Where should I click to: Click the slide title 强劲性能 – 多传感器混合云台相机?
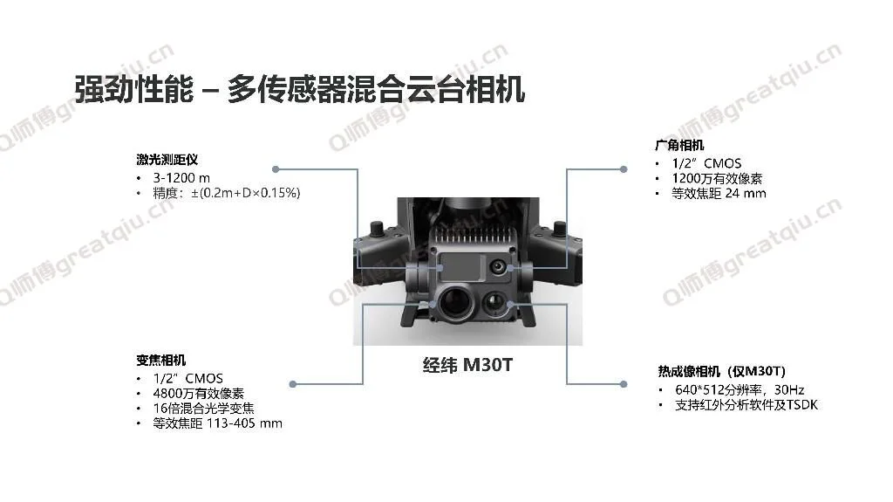click(x=299, y=91)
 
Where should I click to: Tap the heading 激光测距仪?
click(x=167, y=160)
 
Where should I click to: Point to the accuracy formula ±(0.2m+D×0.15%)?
click(x=245, y=193)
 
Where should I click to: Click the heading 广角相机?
click(x=679, y=145)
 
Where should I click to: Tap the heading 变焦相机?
click(x=161, y=360)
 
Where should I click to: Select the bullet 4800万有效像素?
click(x=199, y=394)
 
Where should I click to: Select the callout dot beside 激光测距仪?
click(x=276, y=168)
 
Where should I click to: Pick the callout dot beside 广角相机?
click(x=624, y=168)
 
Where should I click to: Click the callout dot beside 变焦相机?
click(x=293, y=383)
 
